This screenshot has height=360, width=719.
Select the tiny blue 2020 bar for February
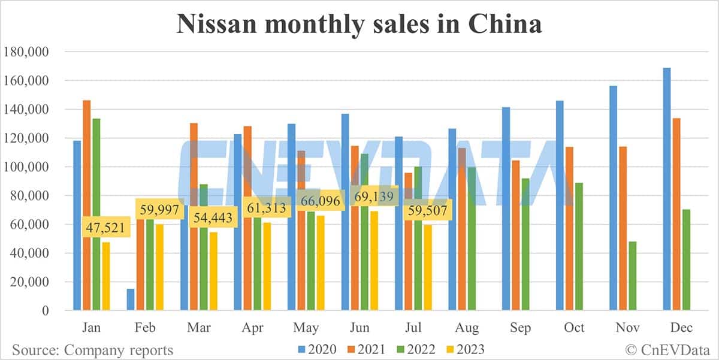click(x=131, y=300)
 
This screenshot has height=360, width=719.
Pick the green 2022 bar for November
click(x=632, y=276)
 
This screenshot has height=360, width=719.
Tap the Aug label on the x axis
click(x=467, y=328)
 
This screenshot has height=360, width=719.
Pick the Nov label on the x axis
click(x=628, y=328)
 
